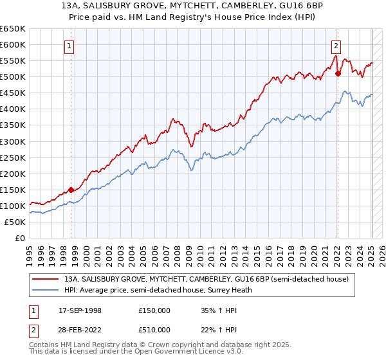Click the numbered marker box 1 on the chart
pyautogui.click(x=69, y=45)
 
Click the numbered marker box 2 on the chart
pyautogui.click(x=336, y=45)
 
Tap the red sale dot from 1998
pyautogui.click(x=71, y=189)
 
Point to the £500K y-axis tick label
pyautogui.click(x=14, y=76)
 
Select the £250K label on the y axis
pyautogui.click(x=14, y=157)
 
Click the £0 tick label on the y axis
pyautogui.click(x=21, y=238)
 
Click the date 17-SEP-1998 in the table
pyautogui.click(x=80, y=310)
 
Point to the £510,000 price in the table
pyautogui.click(x=154, y=330)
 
